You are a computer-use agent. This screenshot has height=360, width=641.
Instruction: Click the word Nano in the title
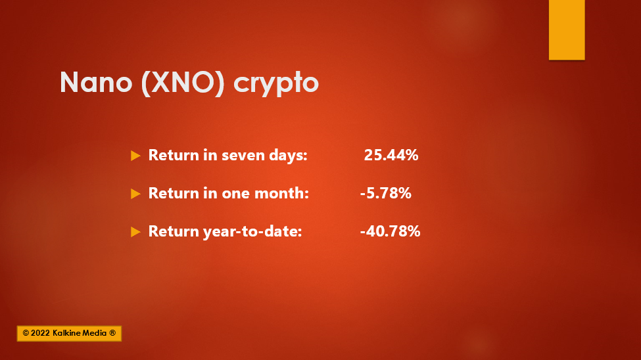tap(96, 82)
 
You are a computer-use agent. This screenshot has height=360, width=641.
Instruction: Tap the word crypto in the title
tap(276, 85)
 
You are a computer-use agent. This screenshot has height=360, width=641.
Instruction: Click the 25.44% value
tap(391, 155)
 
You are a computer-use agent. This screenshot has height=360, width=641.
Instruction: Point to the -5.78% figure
tap(385, 193)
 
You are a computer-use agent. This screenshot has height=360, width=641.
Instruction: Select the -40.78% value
tap(390, 231)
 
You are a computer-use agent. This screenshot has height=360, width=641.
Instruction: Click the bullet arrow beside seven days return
tap(135, 156)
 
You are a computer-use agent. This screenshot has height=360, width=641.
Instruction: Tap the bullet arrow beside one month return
tap(135, 194)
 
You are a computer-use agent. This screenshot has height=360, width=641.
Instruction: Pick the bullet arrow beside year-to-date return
tap(135, 232)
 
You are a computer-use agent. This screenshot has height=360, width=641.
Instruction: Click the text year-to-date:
tap(252, 232)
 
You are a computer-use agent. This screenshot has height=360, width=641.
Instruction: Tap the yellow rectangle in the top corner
tap(567, 30)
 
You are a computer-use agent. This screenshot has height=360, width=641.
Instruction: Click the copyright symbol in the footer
tap(26, 334)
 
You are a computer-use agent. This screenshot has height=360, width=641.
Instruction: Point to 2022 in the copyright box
tap(41, 334)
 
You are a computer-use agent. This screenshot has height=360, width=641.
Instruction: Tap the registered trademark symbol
tap(112, 333)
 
